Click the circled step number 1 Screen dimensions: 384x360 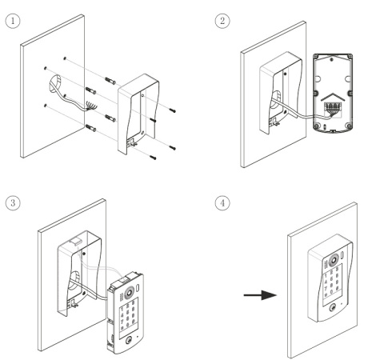click(13, 21)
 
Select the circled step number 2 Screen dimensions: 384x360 click(222, 21)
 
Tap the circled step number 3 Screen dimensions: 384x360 click(13, 203)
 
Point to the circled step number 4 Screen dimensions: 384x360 click(222, 203)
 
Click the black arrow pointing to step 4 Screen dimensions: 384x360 click(260, 295)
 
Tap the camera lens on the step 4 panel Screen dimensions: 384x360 click(334, 260)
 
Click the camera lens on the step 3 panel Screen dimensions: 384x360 click(129, 292)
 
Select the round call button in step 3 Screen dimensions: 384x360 click(129, 340)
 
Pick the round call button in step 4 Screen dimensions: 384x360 click(333, 308)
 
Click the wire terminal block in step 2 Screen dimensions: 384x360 click(332, 107)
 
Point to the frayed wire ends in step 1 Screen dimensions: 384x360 click(90, 106)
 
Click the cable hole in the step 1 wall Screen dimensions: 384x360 click(55, 84)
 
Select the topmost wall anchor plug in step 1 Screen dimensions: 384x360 click(110, 81)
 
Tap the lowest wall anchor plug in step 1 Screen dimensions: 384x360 click(90, 128)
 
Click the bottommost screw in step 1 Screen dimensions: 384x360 click(153, 158)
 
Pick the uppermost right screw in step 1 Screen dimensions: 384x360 click(172, 110)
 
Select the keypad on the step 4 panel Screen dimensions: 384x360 click(332, 285)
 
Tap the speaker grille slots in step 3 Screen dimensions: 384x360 click(122, 298)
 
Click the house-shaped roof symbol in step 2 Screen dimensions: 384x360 click(333, 97)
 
